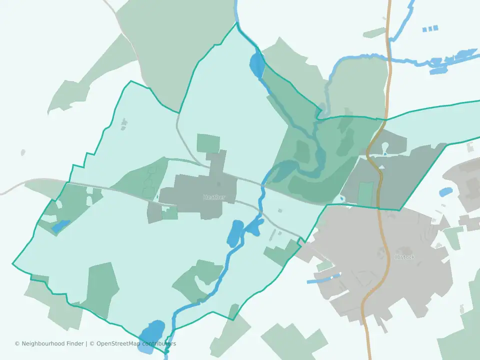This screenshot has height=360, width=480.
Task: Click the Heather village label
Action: pyautogui.click(x=214, y=197)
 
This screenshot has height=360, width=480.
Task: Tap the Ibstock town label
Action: pyautogui.click(x=405, y=257)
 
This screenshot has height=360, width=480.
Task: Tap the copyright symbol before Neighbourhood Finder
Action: pyautogui.click(x=17, y=343)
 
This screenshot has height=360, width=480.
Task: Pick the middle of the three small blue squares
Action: pyautogui.click(x=430, y=28)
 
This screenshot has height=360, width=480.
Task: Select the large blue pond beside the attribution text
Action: pyautogui.click(x=151, y=331)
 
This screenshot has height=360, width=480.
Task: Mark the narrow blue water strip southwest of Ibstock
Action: pyautogui.click(x=323, y=278)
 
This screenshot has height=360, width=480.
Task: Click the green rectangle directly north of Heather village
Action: pyautogui.click(x=208, y=143)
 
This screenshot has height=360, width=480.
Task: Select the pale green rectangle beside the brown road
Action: pyautogui.click(x=366, y=194)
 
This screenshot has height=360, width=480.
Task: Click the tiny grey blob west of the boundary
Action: pyautogui.click(x=23, y=152)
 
